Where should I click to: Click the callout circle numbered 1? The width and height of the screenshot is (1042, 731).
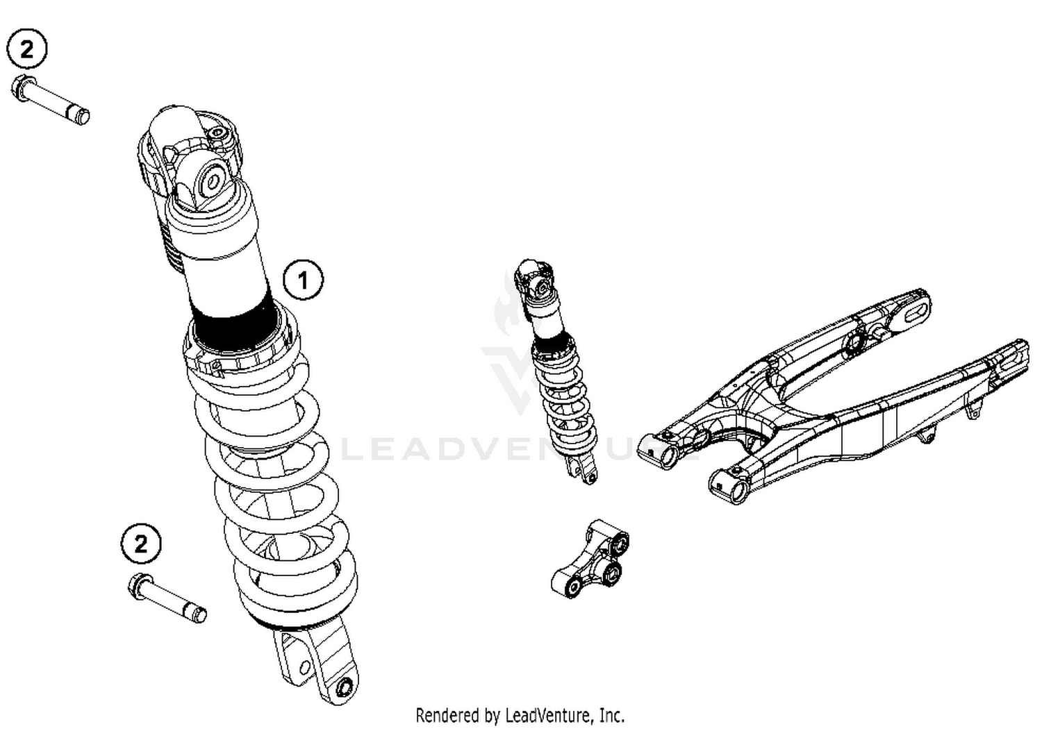click(303, 280)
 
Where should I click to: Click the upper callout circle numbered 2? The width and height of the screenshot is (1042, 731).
click(26, 49)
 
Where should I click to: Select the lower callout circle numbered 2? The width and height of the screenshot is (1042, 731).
click(141, 543)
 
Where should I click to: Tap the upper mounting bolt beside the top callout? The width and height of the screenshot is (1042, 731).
click(52, 101)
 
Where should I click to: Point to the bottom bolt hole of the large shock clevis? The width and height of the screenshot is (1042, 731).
click(343, 689)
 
